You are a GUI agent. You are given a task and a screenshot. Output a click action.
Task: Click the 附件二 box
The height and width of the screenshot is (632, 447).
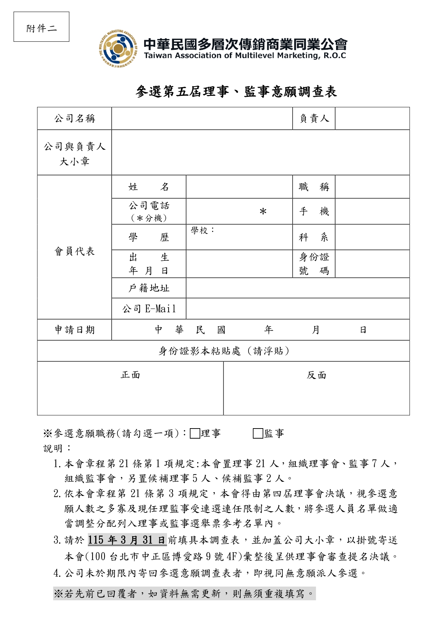41,27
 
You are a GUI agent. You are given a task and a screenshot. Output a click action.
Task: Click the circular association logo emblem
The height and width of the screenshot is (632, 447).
118,49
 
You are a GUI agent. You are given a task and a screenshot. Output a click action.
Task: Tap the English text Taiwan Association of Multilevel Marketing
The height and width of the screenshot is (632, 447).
245,56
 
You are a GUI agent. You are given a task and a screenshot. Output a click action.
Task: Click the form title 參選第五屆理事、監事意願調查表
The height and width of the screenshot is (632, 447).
236,92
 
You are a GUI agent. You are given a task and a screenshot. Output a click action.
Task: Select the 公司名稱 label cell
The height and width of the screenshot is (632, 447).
75,118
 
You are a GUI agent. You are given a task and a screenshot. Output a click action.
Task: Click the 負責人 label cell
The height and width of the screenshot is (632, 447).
314,118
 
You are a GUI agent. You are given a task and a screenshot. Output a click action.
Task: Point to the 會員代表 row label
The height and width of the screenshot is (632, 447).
75,251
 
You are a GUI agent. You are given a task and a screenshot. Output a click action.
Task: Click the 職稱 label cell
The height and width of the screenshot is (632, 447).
314,187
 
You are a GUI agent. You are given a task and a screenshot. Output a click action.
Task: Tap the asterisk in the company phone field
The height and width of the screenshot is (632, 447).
263,211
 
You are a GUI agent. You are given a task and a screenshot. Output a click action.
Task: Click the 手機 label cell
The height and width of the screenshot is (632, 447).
314,211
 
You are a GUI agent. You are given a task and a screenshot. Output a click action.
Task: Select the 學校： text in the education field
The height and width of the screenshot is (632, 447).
202,230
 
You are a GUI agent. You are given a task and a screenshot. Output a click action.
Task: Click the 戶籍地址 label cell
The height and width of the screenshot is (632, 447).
149,288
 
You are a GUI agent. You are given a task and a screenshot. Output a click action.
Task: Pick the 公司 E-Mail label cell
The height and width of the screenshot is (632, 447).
149,309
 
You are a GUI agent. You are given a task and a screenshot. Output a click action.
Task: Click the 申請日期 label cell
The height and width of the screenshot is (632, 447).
75,330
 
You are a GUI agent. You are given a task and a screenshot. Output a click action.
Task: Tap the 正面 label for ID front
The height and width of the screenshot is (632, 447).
130,375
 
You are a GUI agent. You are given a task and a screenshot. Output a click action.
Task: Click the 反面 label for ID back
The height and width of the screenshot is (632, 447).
316,375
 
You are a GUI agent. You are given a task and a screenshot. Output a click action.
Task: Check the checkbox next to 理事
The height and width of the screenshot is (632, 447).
195,434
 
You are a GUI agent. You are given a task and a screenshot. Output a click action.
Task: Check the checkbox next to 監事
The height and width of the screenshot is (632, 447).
258,434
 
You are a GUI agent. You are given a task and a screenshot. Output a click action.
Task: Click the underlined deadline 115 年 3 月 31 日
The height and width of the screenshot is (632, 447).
127,540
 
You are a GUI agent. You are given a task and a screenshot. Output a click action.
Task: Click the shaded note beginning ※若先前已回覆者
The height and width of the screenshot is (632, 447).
184,593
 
